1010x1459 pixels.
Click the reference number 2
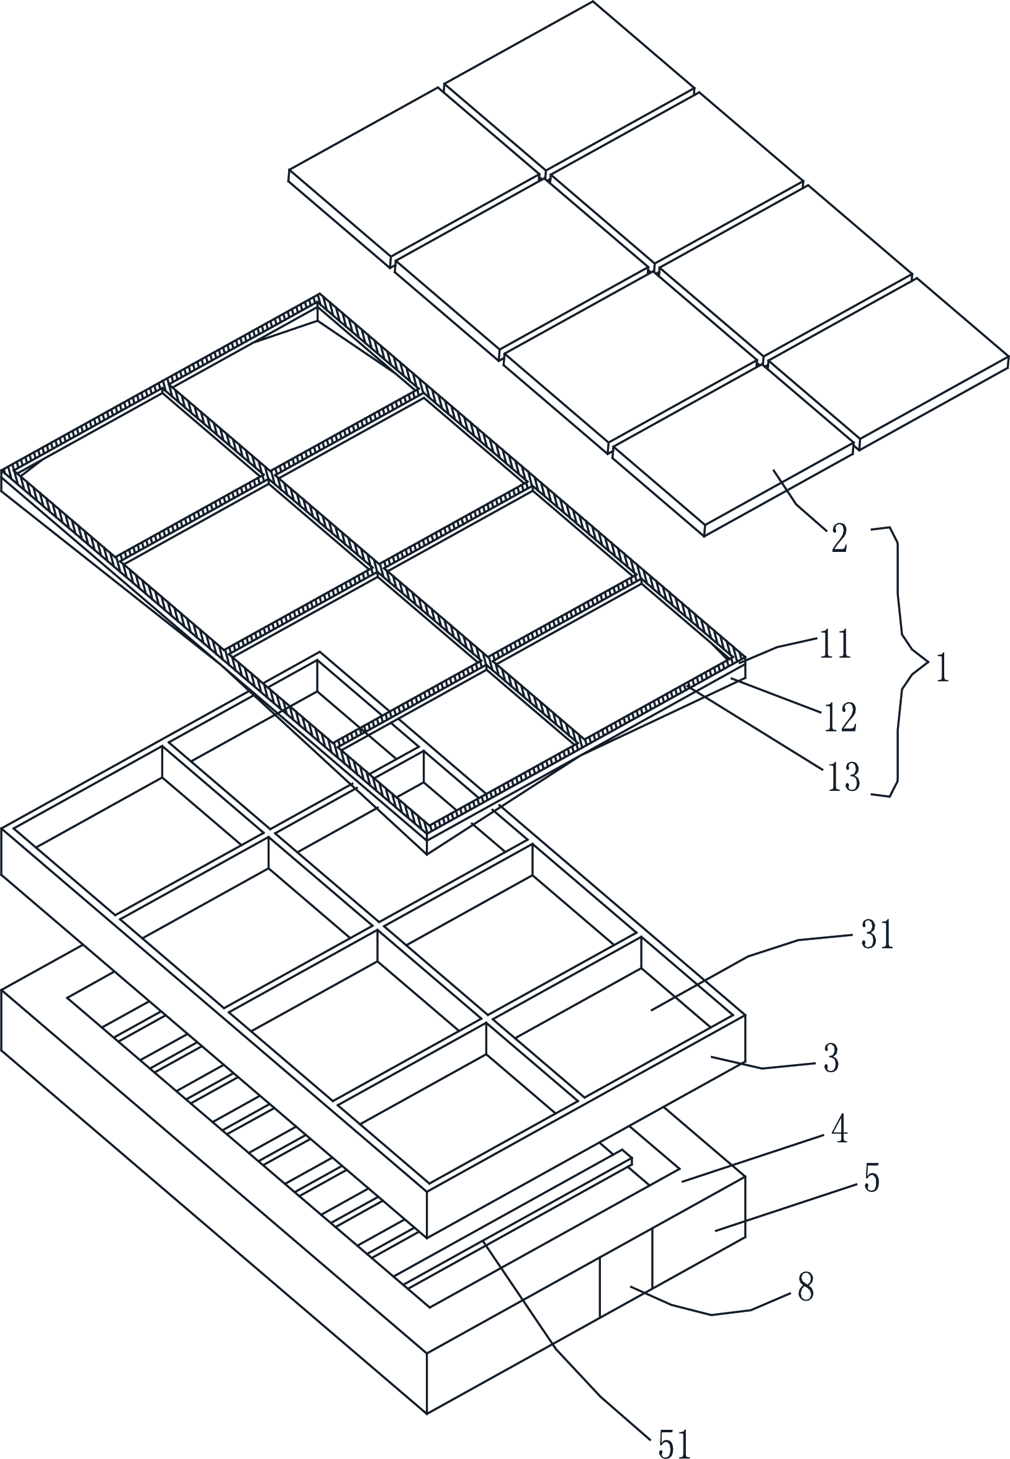[x=839, y=539]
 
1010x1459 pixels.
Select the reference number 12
[x=841, y=717]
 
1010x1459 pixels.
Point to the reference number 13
[x=844, y=777]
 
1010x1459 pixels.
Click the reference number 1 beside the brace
[x=943, y=669]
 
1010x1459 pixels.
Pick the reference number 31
[x=877, y=934]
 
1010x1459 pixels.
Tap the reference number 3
[x=832, y=1059]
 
